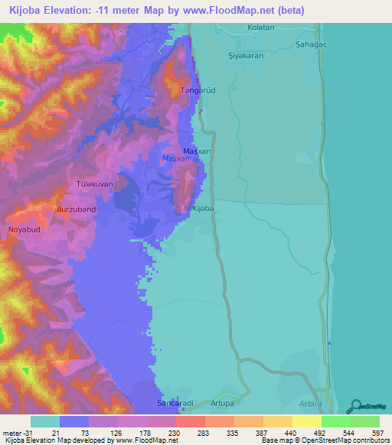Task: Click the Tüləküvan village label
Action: [95, 184]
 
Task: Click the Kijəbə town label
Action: [202, 209]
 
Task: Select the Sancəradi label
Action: [172, 401]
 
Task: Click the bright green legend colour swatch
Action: [335, 421]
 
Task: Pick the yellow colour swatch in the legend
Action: [306, 421]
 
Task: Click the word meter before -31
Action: [12, 433]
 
